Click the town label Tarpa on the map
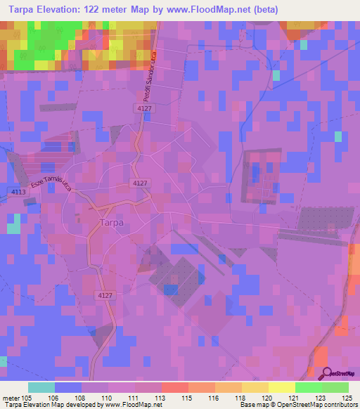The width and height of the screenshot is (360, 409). (x=108, y=223)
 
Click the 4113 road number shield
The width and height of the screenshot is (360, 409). (x=18, y=190)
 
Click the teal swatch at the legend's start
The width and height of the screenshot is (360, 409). (x=41, y=387)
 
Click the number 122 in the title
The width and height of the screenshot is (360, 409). (x=103, y=10)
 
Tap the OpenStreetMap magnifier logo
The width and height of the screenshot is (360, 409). (x=326, y=374)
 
